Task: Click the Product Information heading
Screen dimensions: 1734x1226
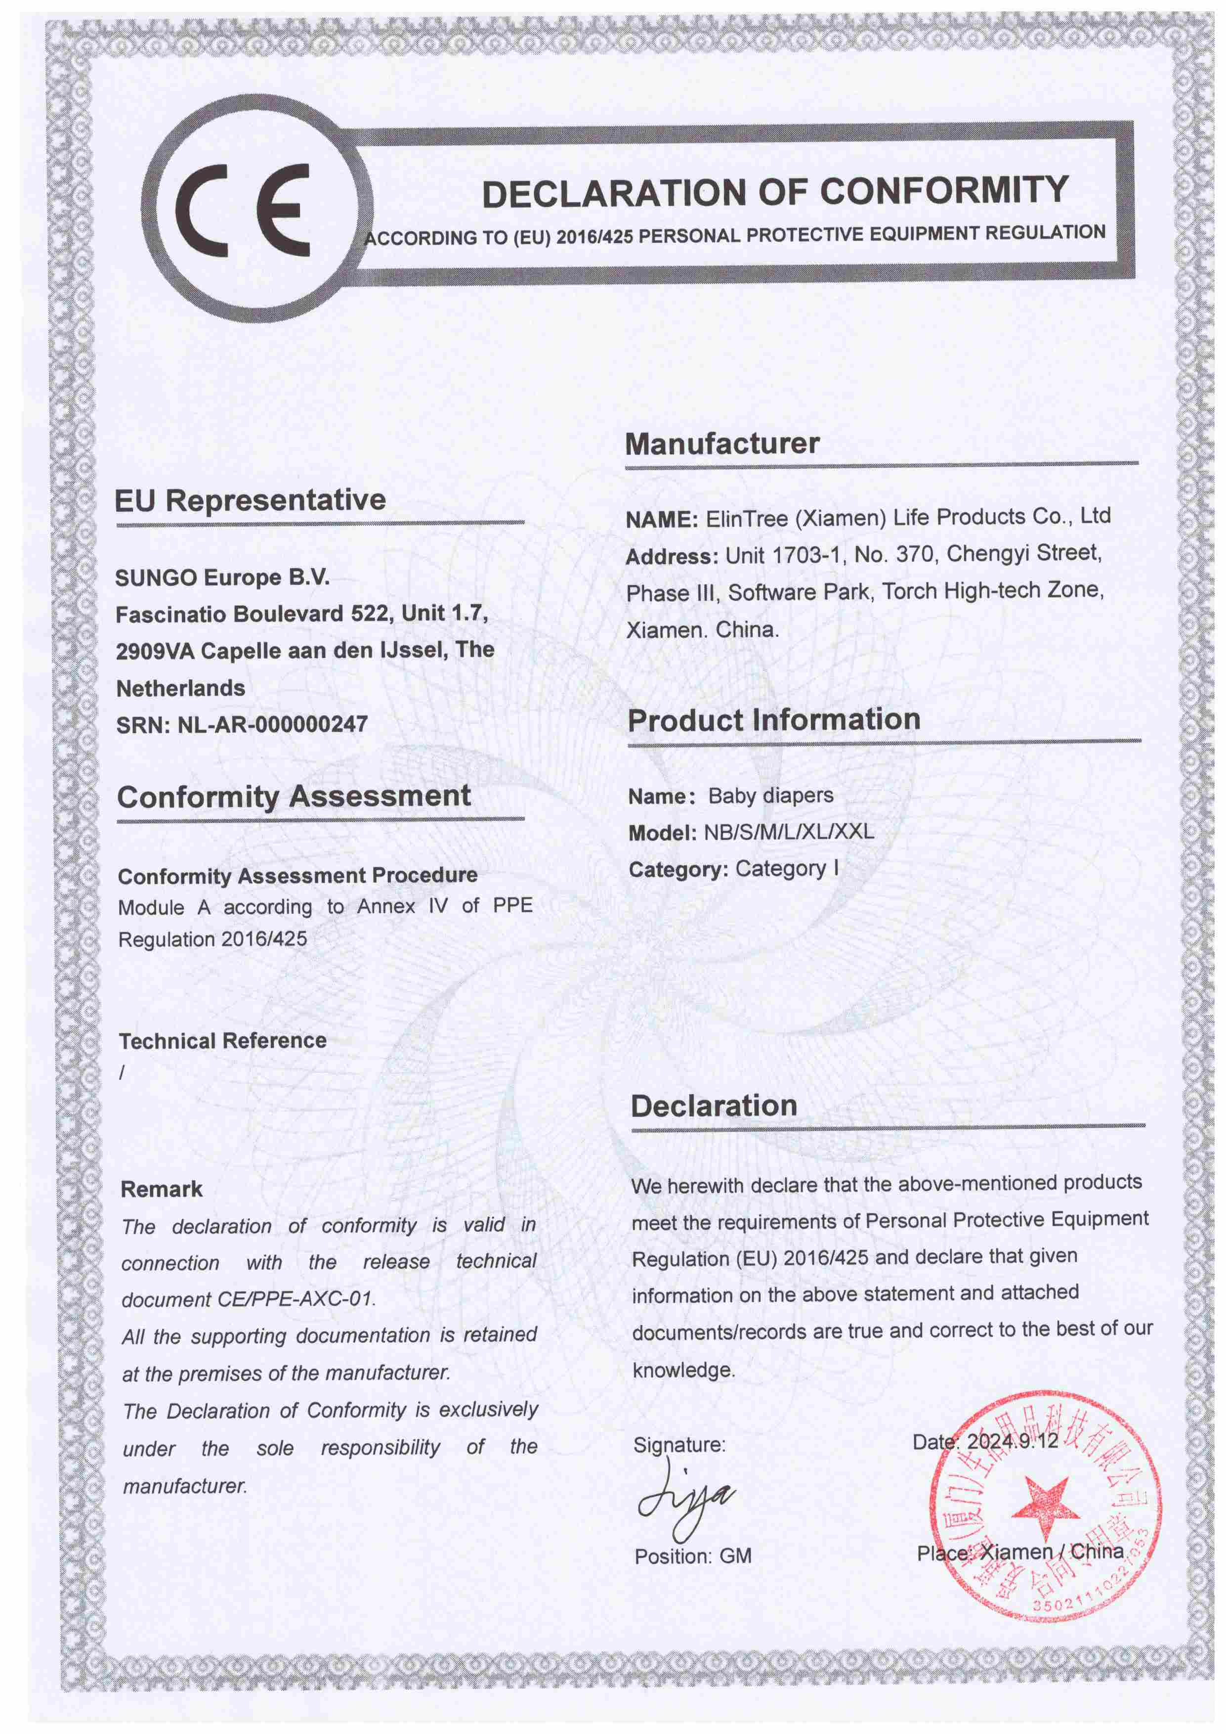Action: (774, 720)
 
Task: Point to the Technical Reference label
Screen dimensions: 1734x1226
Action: (223, 1041)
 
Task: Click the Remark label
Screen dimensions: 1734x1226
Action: (162, 1190)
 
